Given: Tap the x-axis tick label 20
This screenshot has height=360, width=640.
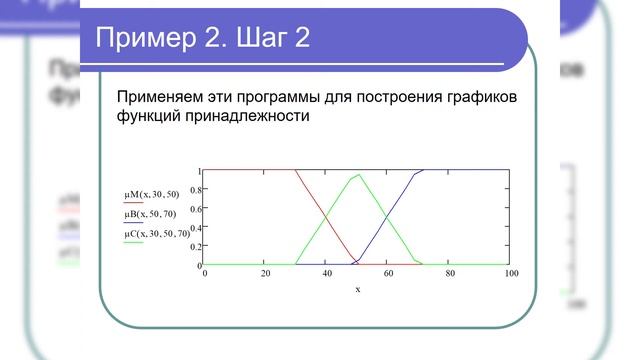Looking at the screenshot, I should click(x=265, y=272).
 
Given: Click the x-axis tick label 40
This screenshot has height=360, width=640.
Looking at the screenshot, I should click(x=327, y=272).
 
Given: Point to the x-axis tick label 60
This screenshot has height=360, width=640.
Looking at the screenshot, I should click(x=389, y=272).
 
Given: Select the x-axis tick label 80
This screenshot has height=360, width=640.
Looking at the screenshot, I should click(x=450, y=272).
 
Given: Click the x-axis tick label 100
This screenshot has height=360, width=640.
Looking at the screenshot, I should click(x=511, y=272).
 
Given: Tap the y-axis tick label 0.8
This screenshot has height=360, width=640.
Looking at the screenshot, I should click(x=196, y=189).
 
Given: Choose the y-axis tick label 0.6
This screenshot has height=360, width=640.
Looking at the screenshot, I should click(x=196, y=208).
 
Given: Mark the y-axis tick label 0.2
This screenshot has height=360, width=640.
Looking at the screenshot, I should click(x=196, y=246).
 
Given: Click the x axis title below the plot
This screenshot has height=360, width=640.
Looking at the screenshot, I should click(x=357, y=289).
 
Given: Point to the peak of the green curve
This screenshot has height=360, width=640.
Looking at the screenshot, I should click(x=358, y=175).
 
